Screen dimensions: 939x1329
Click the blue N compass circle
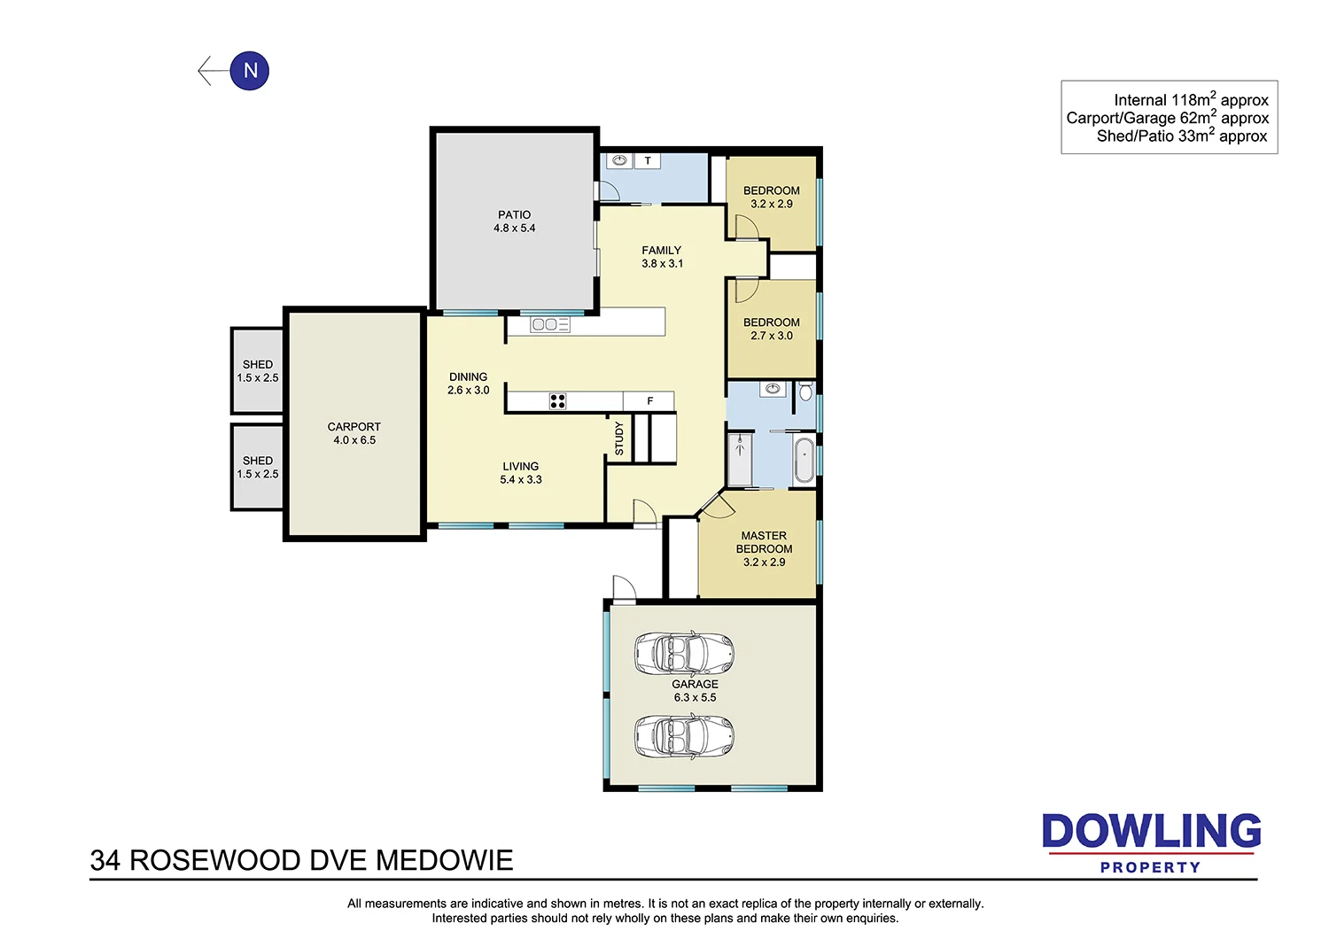coord(250,71)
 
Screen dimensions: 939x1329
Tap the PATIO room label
coord(514,214)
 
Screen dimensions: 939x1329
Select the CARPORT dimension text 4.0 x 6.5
coord(354,440)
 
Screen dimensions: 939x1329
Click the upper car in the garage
coord(684,654)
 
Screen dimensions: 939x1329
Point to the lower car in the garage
coord(684,735)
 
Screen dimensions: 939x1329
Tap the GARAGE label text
coord(695,684)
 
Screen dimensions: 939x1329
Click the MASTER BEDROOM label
coord(764,542)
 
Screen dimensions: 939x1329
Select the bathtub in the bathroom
coord(804,460)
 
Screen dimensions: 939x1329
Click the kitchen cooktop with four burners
coord(557,401)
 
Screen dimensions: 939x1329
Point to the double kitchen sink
coord(549,325)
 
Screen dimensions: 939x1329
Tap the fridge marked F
coord(649,401)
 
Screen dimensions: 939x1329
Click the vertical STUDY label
coord(618,438)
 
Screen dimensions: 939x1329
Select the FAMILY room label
coord(661,251)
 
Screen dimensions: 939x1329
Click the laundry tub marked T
coord(648,161)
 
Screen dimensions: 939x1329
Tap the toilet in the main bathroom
coord(805,392)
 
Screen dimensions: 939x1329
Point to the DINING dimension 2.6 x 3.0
coord(468,391)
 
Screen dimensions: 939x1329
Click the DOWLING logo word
coord(1151,832)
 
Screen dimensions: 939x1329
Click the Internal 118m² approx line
coord(1190,100)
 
